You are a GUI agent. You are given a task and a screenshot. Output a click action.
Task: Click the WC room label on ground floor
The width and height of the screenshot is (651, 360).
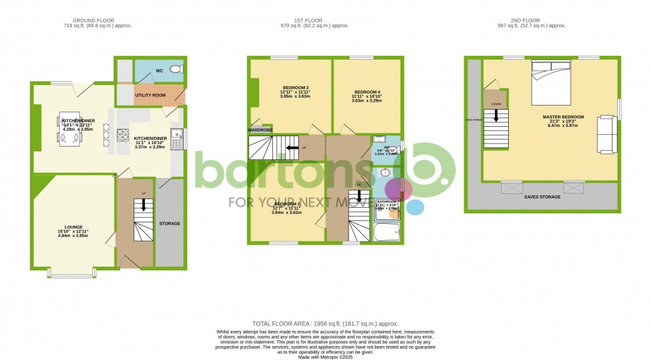pyautogui.click(x=159, y=70)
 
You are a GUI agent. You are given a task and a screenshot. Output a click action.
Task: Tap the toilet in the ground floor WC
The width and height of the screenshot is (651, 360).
pyautogui.click(x=176, y=69)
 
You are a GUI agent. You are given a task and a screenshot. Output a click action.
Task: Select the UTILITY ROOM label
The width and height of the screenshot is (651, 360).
pyautogui.click(x=149, y=96)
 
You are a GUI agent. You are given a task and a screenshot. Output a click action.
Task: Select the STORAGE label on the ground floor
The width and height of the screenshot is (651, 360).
pyautogui.click(x=169, y=223)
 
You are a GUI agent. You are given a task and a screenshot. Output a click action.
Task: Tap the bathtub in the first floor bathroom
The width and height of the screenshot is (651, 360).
pyautogui.click(x=386, y=232)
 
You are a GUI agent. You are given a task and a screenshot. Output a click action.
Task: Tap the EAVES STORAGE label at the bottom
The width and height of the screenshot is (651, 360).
pyautogui.click(x=543, y=197)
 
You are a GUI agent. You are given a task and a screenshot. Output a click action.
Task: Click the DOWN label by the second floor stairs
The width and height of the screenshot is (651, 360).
pyautogui.click(x=496, y=104)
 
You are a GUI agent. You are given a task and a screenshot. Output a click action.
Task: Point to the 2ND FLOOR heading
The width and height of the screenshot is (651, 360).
pyautogui.click(x=542, y=20)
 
